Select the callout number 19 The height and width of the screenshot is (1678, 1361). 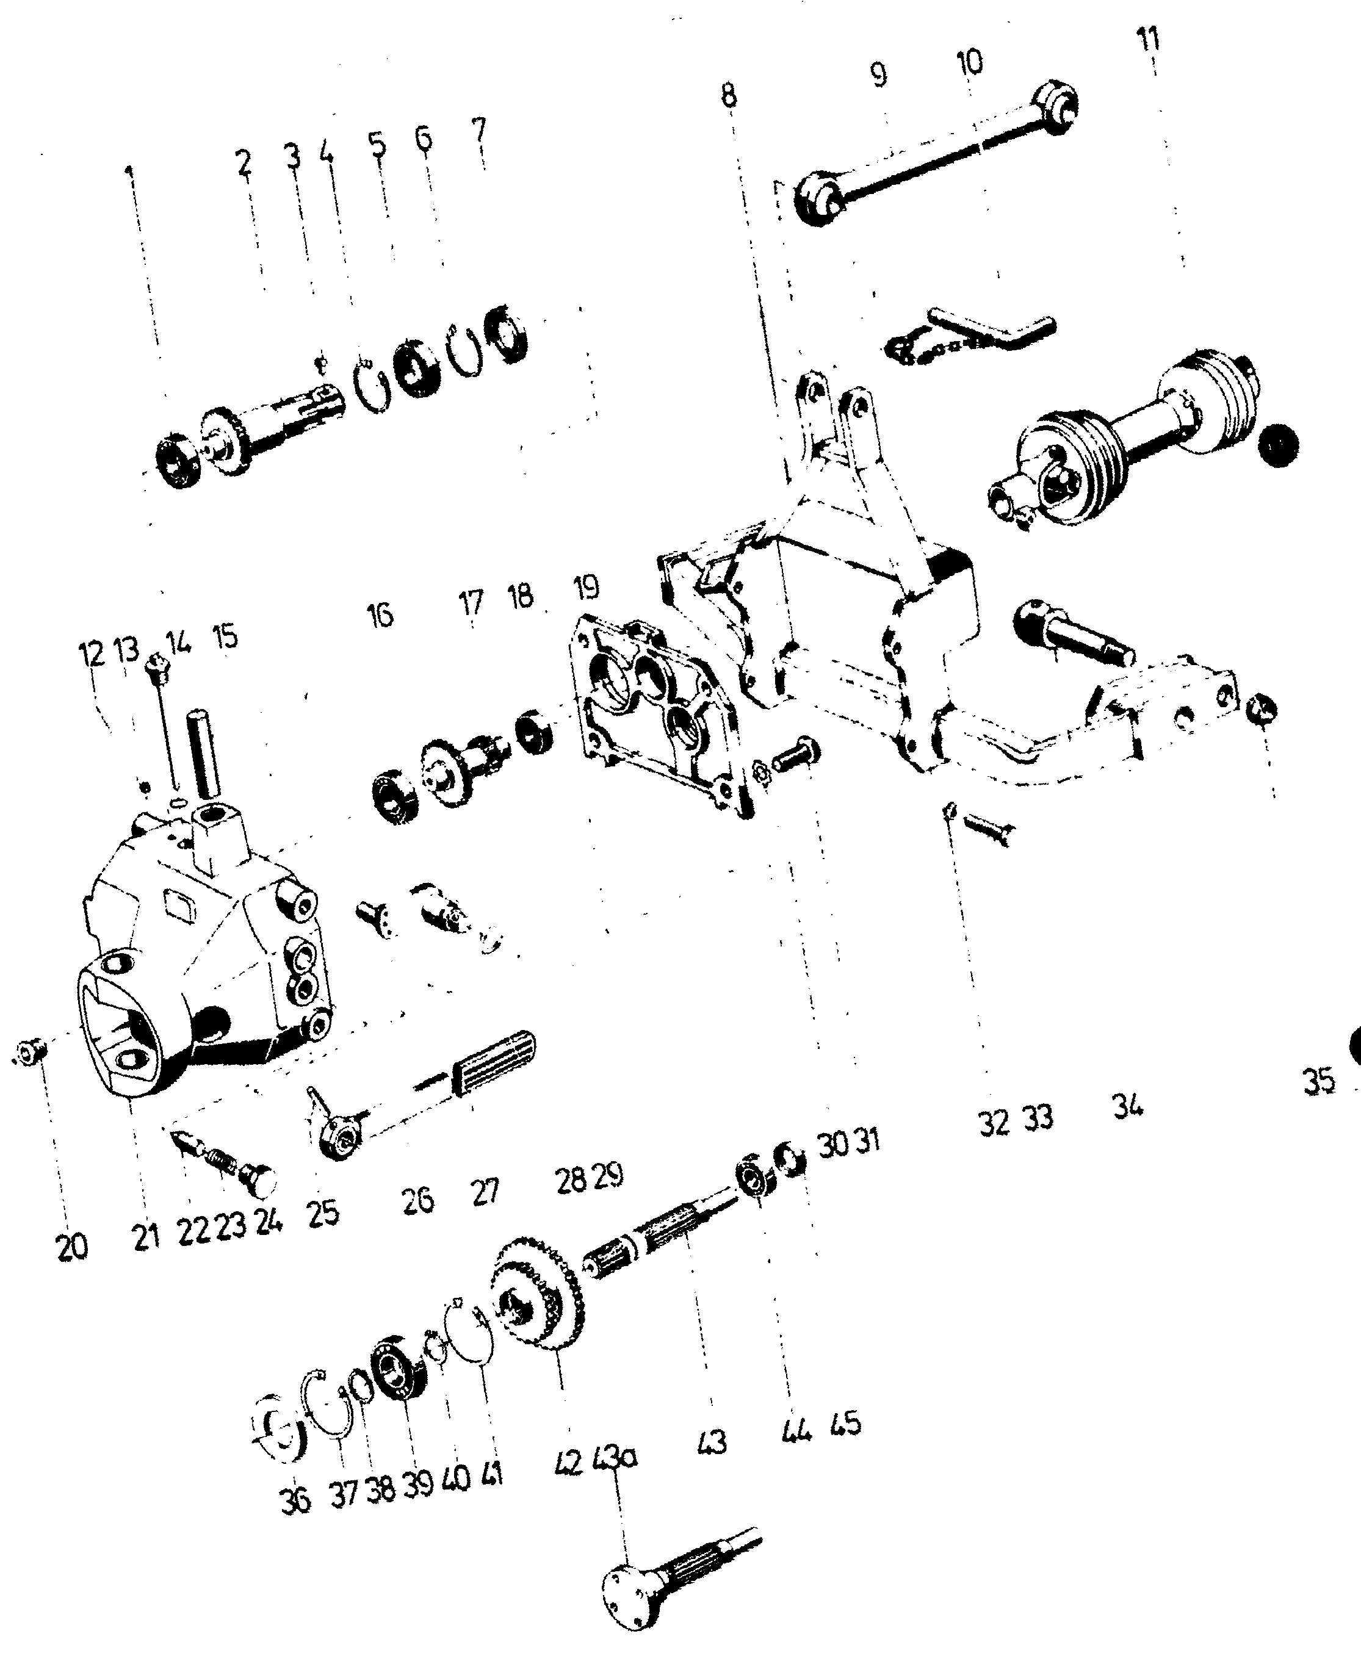coord(586,587)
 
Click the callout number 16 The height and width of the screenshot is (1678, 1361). coord(380,615)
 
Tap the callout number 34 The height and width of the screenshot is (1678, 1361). coord(1127,1106)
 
